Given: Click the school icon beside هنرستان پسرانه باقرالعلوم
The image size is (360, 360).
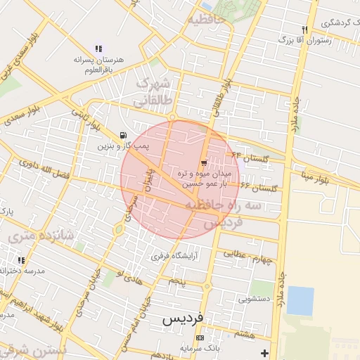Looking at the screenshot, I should click(98, 49).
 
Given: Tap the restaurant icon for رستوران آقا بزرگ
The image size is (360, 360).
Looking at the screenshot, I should click(304, 30).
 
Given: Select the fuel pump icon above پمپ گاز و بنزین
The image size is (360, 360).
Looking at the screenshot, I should click(124, 135).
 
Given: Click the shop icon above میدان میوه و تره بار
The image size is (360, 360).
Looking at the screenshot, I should click(204, 162).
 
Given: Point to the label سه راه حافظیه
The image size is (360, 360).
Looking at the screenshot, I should click(224, 205).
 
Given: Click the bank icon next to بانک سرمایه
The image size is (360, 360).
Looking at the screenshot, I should click(200, 338).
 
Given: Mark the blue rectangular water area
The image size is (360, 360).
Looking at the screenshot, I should click(300, 300).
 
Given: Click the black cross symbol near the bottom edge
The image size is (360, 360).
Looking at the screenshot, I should click(264, 352).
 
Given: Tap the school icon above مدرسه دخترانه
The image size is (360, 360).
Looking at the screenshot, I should click(20, 260).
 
